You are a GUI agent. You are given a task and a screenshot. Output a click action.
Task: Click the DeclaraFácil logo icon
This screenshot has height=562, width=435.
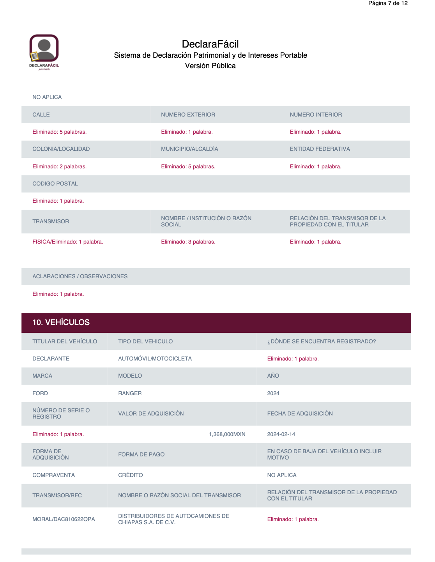(44, 51)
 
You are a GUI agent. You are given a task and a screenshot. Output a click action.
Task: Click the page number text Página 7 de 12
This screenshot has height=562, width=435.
(388, 4)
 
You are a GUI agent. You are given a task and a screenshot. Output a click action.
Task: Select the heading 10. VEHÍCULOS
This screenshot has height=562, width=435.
(61, 322)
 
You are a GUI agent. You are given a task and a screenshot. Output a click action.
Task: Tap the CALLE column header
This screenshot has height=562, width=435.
(41, 115)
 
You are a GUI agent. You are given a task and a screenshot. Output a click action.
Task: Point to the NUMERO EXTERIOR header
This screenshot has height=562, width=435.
(188, 115)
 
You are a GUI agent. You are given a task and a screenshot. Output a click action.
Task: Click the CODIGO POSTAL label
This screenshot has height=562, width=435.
(55, 184)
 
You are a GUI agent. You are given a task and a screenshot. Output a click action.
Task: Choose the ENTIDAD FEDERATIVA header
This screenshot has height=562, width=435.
(320, 149)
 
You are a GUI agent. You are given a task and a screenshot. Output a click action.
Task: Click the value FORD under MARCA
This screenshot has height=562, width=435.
(40, 393)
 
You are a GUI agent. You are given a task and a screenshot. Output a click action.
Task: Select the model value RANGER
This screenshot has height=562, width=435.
(130, 393)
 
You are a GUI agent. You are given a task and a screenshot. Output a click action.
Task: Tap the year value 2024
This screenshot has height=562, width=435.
(273, 393)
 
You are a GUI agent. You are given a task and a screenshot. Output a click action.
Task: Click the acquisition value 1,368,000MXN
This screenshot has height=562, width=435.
(227, 434)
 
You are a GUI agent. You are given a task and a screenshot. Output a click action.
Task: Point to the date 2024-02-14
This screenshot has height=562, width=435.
(281, 434)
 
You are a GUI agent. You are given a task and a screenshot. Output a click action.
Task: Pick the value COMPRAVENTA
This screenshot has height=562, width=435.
(53, 475)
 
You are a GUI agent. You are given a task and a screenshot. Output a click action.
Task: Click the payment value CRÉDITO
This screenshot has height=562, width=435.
(130, 475)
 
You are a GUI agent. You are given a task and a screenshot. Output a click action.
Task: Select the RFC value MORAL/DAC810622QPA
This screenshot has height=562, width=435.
(64, 519)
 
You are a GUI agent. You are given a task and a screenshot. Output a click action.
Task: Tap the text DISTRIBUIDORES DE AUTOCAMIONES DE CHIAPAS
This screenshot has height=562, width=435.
(173, 519)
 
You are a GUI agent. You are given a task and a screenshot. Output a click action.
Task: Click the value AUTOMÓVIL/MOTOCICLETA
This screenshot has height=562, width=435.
(155, 359)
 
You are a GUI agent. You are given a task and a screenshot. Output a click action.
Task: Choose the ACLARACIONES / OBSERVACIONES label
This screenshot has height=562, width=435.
(80, 276)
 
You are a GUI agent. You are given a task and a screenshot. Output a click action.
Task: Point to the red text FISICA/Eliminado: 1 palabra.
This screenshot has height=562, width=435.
(68, 242)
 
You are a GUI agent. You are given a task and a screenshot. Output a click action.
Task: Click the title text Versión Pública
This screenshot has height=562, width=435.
(210, 66)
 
